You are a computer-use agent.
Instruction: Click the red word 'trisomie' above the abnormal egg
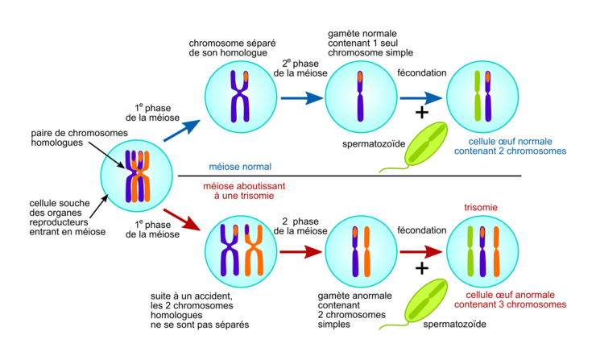[482, 208]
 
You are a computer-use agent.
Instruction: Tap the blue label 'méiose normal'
[240, 167]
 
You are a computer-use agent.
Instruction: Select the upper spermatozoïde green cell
[428, 144]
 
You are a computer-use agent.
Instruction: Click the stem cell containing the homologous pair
[138, 173]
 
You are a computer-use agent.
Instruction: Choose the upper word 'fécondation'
[421, 72]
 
